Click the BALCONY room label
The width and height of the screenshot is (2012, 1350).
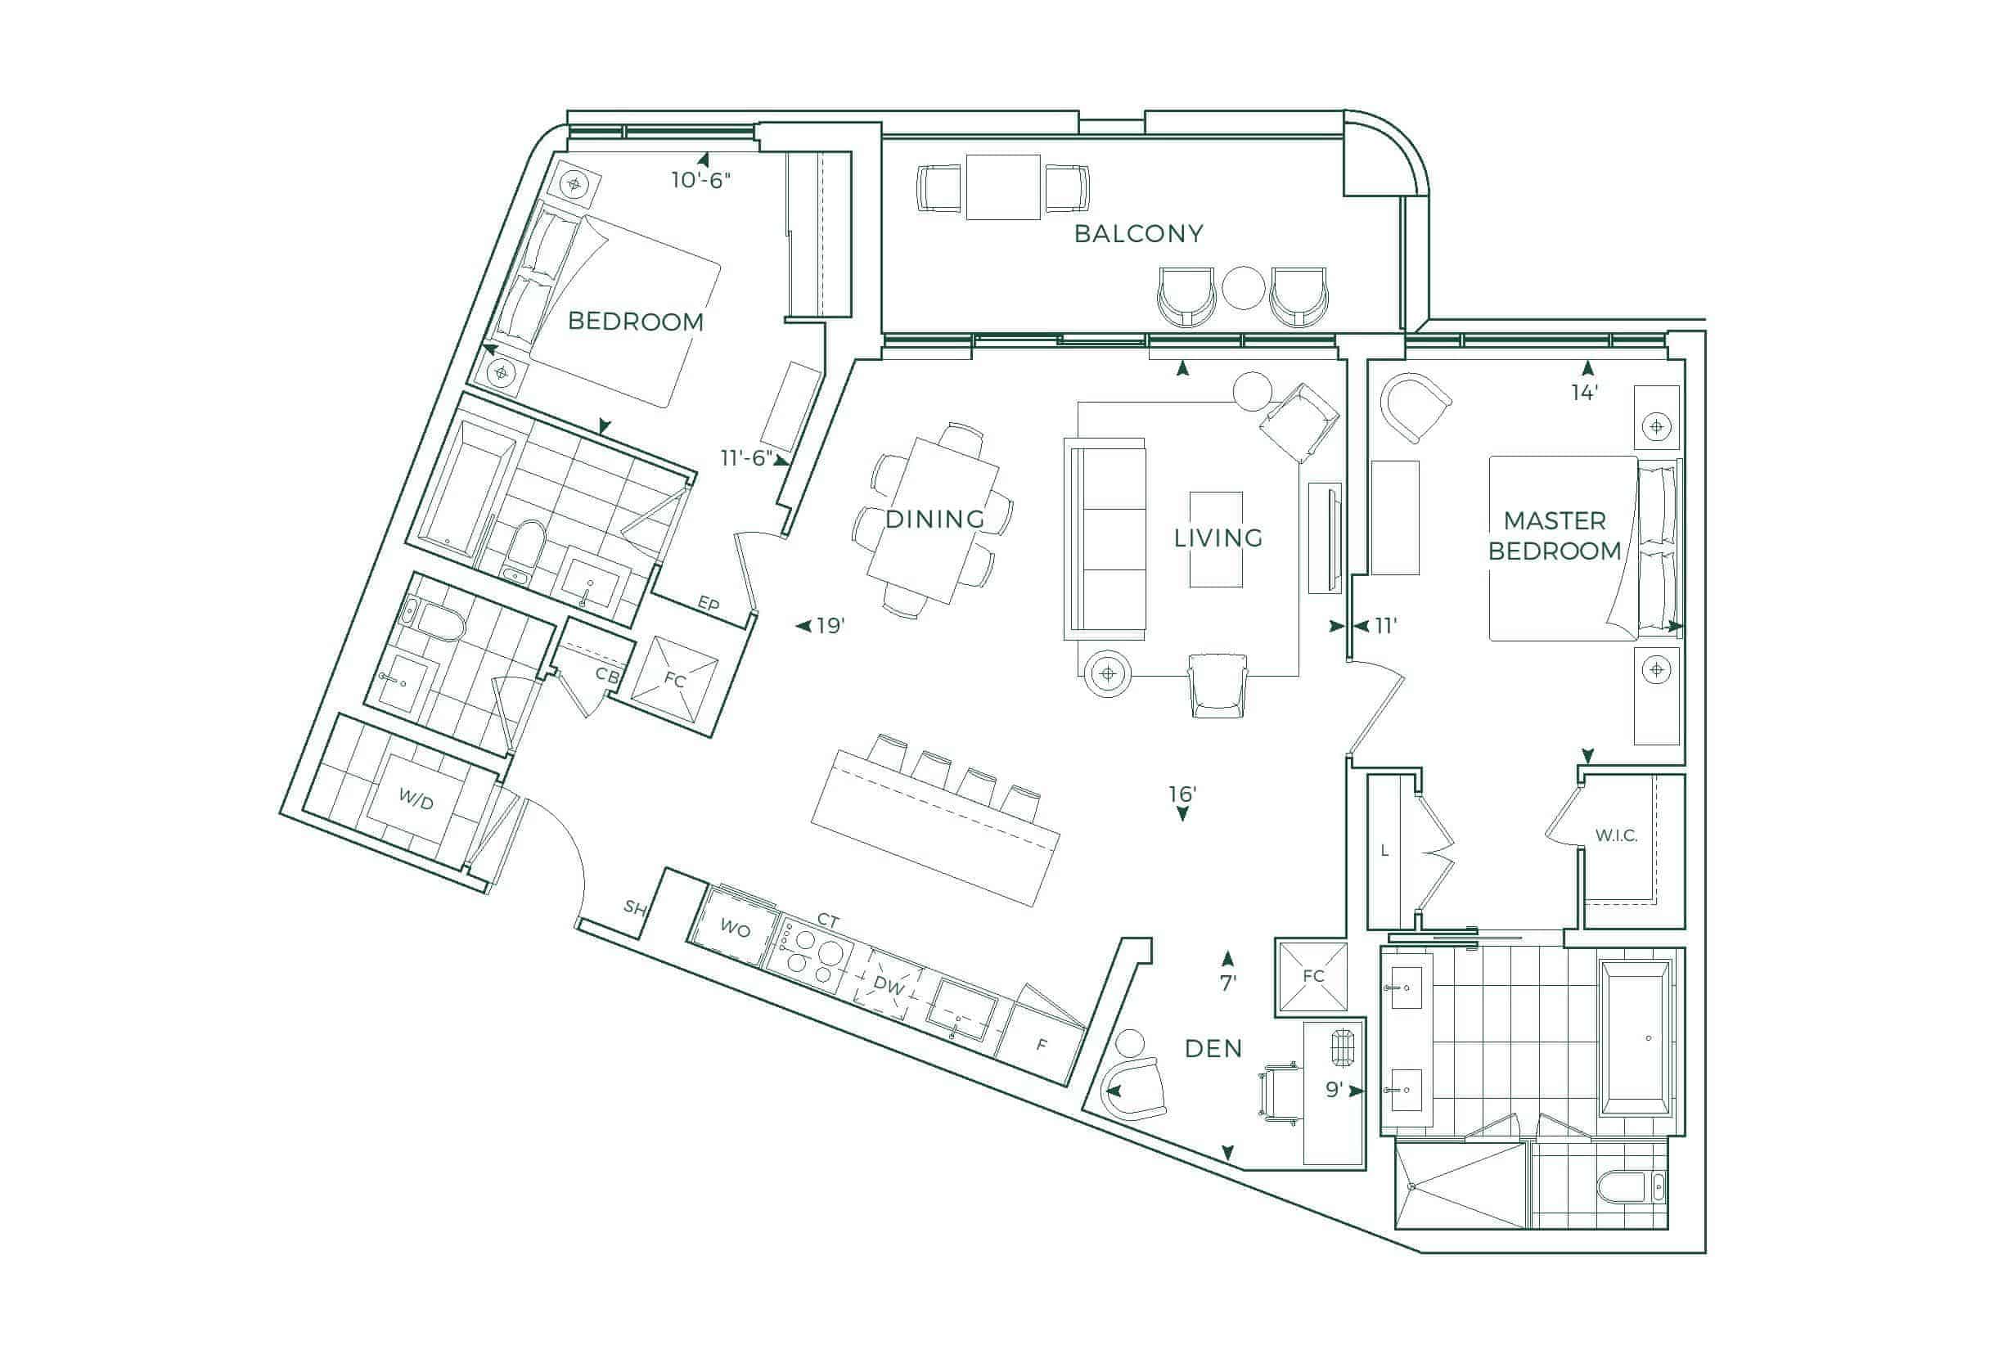[1138, 233]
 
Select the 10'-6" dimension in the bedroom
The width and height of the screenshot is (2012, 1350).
[700, 180]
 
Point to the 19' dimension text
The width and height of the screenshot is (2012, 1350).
[829, 626]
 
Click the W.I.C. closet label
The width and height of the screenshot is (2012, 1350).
[1616, 835]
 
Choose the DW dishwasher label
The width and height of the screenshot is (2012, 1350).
[889, 986]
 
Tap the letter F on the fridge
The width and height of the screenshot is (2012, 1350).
[1042, 1044]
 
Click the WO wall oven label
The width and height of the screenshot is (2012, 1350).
[735, 928]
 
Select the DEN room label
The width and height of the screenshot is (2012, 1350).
[1213, 1049]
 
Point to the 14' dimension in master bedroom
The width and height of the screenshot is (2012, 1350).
[1585, 393]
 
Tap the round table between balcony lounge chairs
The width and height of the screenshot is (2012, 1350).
[1242, 289]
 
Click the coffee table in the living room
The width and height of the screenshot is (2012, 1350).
[1216, 539]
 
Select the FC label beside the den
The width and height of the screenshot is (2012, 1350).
[1313, 975]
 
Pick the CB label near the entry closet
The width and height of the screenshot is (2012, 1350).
[607, 676]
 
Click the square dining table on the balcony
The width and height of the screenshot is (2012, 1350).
[1003, 187]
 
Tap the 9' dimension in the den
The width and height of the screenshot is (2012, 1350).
[1334, 1090]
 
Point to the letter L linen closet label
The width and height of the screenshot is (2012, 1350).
[1384, 851]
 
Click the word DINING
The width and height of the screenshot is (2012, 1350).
[934, 520]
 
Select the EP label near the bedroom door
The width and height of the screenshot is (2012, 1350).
[708, 604]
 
